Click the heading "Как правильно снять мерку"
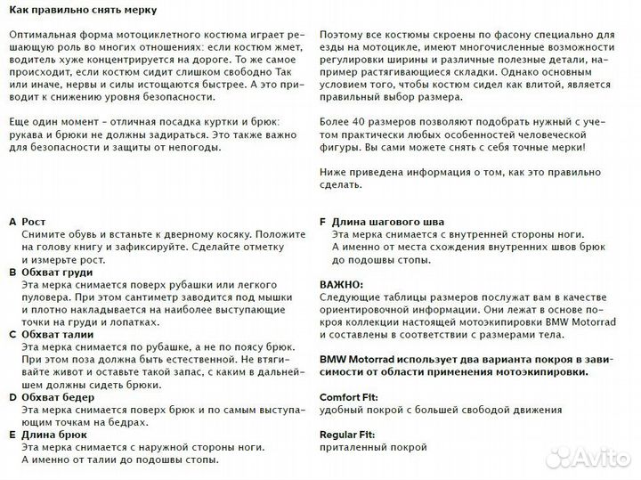80,11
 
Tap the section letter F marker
322,220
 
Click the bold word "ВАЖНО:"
340,284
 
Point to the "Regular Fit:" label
347,435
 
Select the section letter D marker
12,397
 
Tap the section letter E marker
12,435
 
